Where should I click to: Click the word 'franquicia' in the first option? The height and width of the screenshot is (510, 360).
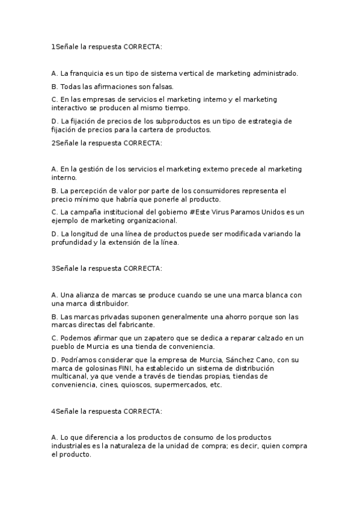[x=90, y=73]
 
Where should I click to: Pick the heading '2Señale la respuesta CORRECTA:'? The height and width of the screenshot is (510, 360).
[x=106, y=143]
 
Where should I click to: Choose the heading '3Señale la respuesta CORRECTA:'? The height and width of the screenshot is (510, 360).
[x=106, y=268]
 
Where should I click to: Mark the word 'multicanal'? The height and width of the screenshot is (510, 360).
[x=70, y=376]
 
